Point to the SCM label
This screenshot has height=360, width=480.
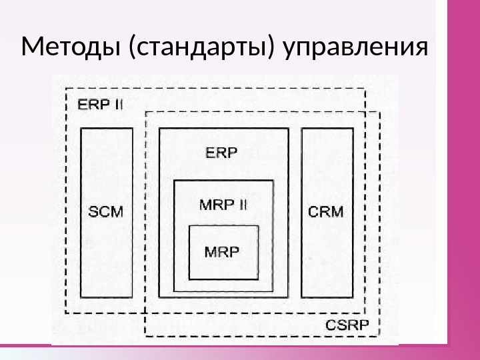(x=106, y=211)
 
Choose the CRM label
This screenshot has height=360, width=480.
(x=327, y=211)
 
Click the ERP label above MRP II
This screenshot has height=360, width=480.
(x=221, y=153)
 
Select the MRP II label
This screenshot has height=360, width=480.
(x=223, y=204)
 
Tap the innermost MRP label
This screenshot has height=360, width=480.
(x=222, y=253)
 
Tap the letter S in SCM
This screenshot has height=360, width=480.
(x=93, y=211)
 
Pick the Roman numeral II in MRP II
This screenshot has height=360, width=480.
(x=240, y=204)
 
